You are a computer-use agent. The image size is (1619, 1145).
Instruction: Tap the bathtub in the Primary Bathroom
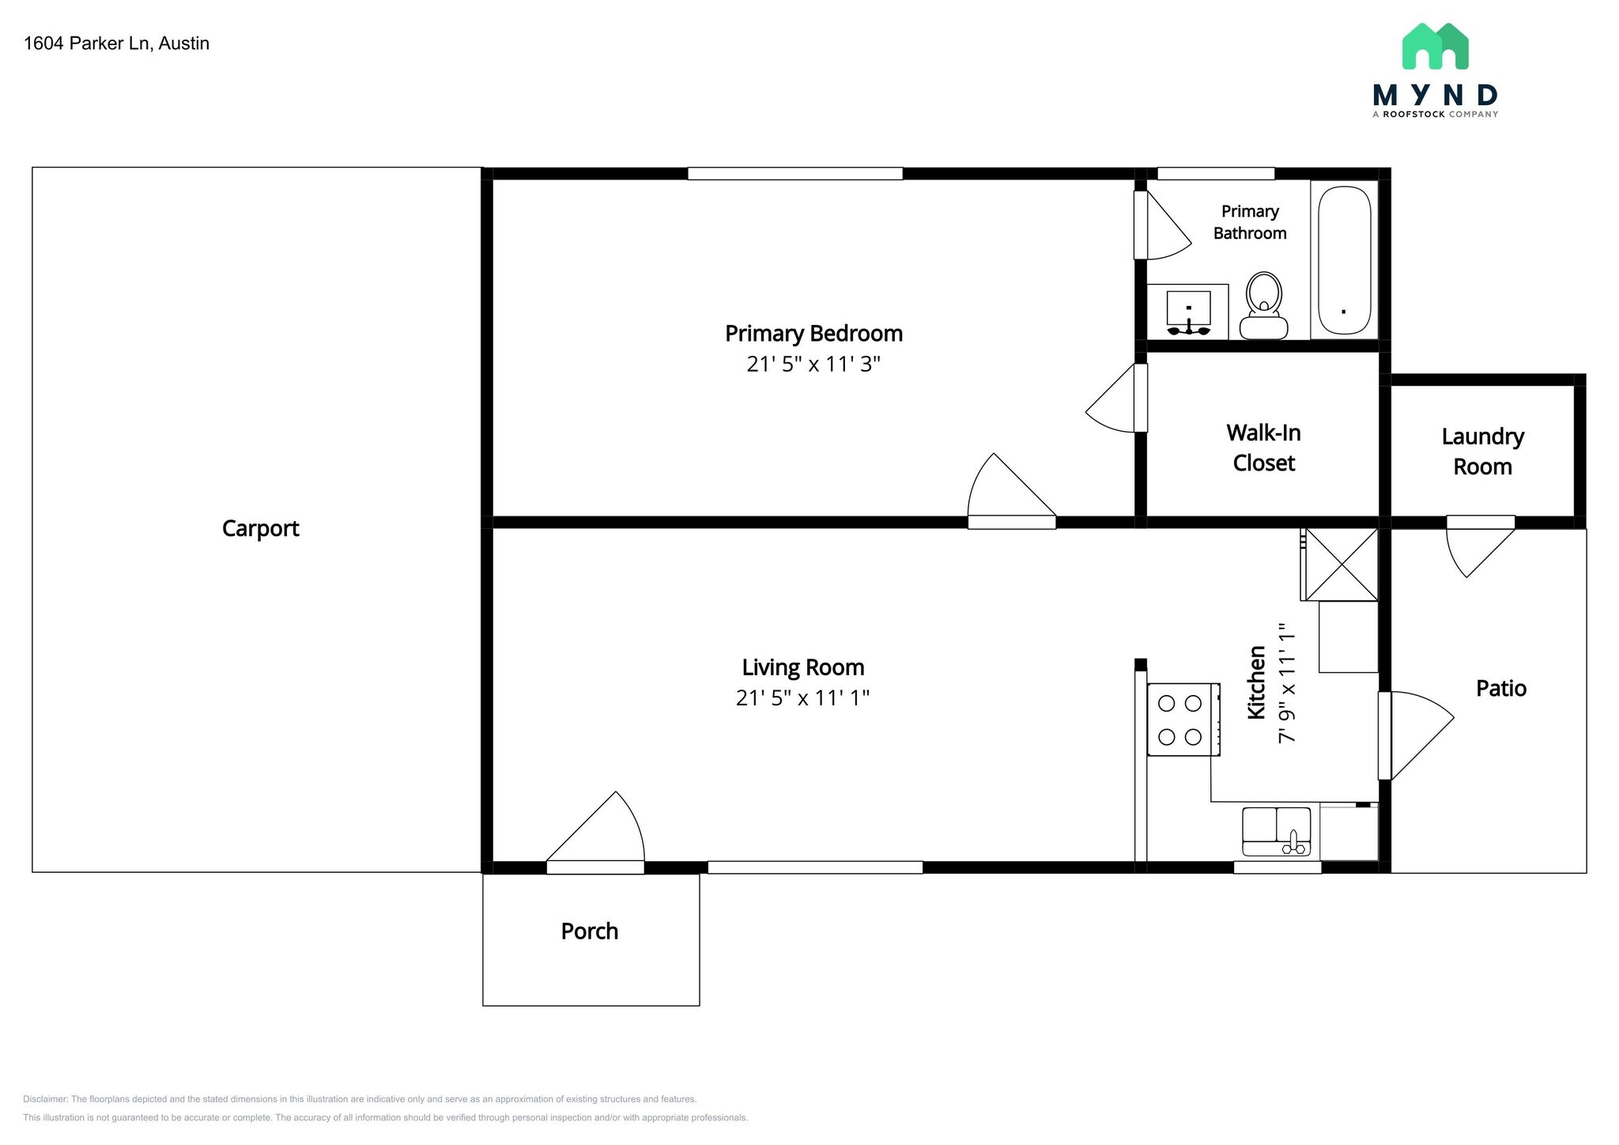point(1344,260)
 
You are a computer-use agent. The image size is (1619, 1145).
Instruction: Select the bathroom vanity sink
point(1188,312)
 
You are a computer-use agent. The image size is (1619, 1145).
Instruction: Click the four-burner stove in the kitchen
point(1182,720)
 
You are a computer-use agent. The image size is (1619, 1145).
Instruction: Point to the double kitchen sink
point(1276,831)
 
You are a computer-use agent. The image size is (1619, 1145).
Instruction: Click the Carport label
point(260,528)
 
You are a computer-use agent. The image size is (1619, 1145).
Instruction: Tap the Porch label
point(589,931)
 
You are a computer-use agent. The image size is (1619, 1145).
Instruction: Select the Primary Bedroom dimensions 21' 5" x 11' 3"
point(813,365)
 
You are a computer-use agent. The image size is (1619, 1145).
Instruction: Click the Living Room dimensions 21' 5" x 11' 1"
point(802,698)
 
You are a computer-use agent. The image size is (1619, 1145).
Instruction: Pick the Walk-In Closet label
point(1263,448)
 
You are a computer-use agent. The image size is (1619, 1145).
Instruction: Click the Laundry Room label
point(1482,452)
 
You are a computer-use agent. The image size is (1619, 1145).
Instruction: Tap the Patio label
point(1500,688)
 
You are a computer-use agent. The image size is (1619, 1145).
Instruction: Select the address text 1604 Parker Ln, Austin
point(116,43)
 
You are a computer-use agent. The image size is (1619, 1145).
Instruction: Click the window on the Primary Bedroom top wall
point(794,174)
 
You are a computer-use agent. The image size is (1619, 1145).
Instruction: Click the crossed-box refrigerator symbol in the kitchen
point(1342,565)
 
